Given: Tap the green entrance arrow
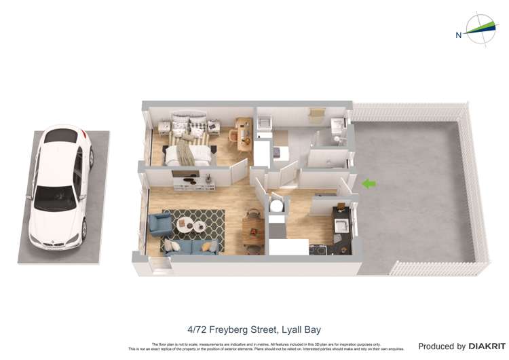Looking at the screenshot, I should [369, 183].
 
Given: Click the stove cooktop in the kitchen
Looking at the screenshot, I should [318, 249].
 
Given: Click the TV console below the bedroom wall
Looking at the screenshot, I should [195, 183].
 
